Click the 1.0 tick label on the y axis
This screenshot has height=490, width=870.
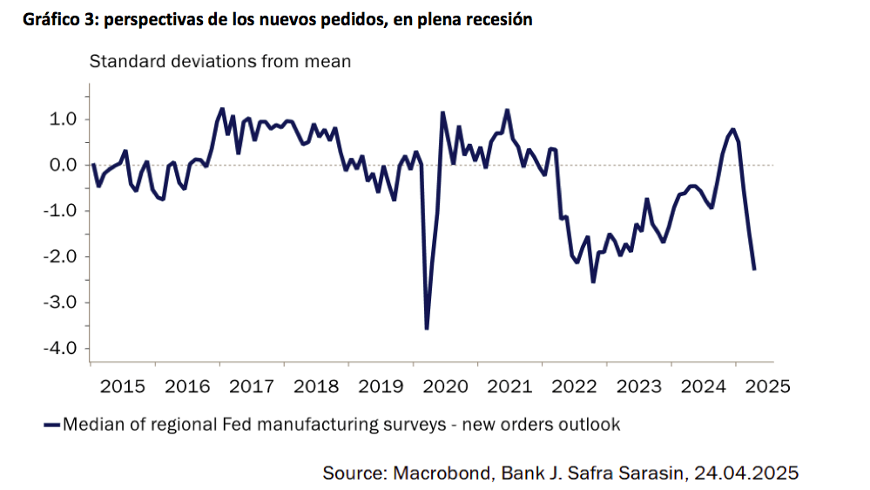[x=64, y=119]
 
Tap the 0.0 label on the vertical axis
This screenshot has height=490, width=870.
[x=64, y=165]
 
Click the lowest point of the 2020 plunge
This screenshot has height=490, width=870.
[x=426, y=328]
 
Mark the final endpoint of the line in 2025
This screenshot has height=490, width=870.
[x=754, y=269]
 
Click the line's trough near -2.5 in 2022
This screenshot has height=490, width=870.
[x=593, y=282]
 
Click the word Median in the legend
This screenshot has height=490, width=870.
[x=92, y=425]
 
